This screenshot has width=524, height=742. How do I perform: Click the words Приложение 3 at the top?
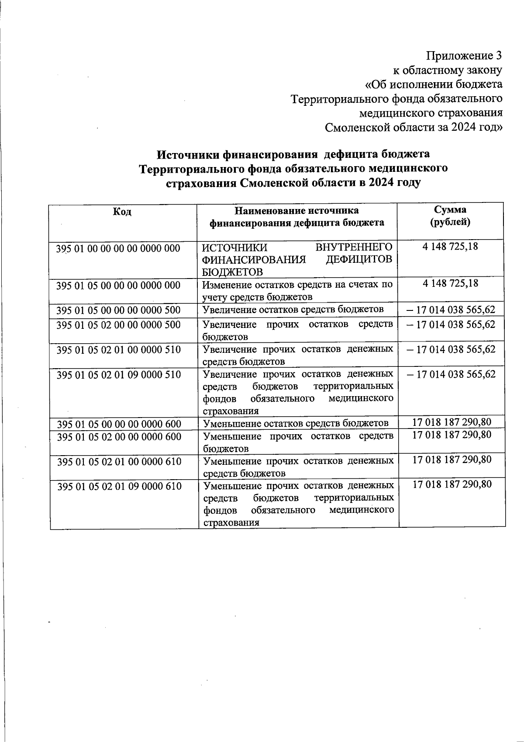(464, 56)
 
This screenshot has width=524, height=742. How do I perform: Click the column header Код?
(122, 212)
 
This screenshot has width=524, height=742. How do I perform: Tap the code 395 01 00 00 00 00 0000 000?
(118, 248)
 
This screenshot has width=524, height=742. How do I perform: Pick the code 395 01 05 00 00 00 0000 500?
(118, 310)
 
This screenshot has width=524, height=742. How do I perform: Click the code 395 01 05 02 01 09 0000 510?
(119, 375)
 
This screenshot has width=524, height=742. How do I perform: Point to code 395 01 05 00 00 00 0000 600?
(119, 424)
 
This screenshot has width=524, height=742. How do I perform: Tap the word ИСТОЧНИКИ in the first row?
(229, 247)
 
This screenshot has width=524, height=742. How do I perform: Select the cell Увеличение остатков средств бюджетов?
(293, 310)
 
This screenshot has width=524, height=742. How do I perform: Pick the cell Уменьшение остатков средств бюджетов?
(296, 423)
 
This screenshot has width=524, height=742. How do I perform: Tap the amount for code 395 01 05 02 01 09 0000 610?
(452, 484)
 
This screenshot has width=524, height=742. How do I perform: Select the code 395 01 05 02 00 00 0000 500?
(118, 325)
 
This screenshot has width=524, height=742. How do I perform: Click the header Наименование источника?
(296, 211)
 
